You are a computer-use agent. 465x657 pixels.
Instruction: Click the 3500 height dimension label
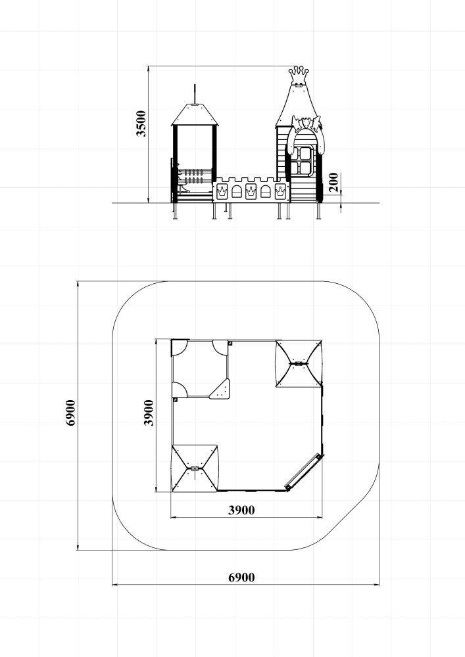141,124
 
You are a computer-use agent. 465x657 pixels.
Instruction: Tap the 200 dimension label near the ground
333,182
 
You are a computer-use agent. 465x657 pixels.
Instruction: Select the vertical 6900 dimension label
70,413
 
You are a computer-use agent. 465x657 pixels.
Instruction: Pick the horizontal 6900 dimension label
241,578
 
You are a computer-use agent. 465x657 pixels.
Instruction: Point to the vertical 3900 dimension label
149,413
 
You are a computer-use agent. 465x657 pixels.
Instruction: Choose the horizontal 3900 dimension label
241,510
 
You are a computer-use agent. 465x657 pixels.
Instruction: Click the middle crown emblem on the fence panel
251,191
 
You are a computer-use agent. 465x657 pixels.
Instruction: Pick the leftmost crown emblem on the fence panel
222,191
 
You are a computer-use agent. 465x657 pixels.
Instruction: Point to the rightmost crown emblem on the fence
280,191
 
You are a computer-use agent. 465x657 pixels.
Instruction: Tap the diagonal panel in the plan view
304,472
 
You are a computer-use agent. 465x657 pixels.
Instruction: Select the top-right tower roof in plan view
299,364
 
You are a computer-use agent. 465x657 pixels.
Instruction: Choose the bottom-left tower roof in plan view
195,468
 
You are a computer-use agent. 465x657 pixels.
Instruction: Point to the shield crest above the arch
305,122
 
